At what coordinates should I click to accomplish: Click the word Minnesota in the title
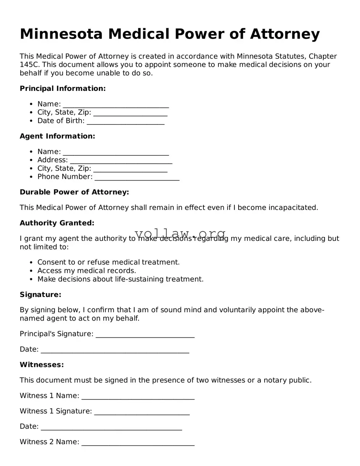click(x=61, y=34)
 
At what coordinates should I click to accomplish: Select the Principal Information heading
click(x=63, y=89)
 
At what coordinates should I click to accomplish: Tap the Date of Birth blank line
click(x=126, y=121)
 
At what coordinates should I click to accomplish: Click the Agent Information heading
click(x=57, y=136)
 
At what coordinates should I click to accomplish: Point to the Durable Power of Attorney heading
click(x=74, y=192)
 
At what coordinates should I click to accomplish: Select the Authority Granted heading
click(x=57, y=223)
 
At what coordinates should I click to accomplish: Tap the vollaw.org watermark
click(x=180, y=234)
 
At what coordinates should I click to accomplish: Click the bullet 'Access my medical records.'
click(x=87, y=271)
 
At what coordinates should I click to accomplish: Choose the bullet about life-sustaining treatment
click(x=120, y=279)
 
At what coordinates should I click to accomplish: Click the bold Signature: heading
click(x=40, y=295)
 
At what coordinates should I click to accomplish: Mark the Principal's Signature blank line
click(x=145, y=335)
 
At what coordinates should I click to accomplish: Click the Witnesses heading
click(x=42, y=365)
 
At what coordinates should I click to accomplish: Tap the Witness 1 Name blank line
click(x=138, y=397)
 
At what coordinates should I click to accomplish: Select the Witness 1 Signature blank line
click(x=142, y=412)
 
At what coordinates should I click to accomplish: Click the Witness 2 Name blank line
click(x=138, y=443)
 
